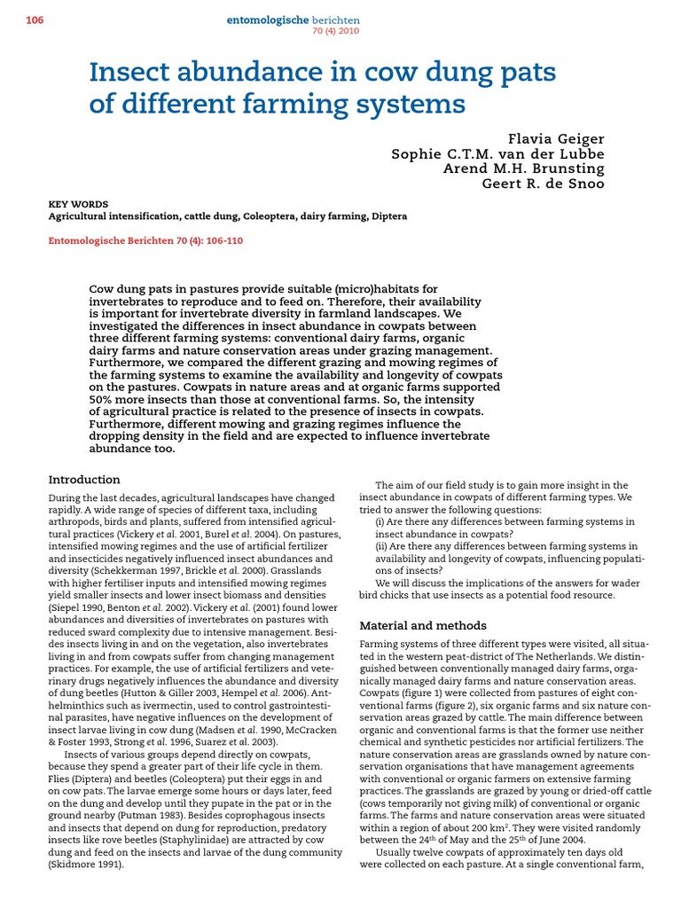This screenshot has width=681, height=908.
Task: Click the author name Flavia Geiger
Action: (x=556, y=138)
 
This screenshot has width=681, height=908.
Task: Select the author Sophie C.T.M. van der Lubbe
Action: (x=498, y=153)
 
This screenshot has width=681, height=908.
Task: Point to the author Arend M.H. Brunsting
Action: (x=523, y=168)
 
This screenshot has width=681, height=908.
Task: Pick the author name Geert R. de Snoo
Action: (x=543, y=184)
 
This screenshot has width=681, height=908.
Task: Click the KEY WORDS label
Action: (x=78, y=204)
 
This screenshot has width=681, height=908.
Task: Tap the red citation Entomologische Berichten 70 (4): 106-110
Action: (x=145, y=240)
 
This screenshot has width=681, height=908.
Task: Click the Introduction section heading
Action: (x=84, y=480)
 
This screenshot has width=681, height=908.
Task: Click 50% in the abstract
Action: (x=104, y=399)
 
